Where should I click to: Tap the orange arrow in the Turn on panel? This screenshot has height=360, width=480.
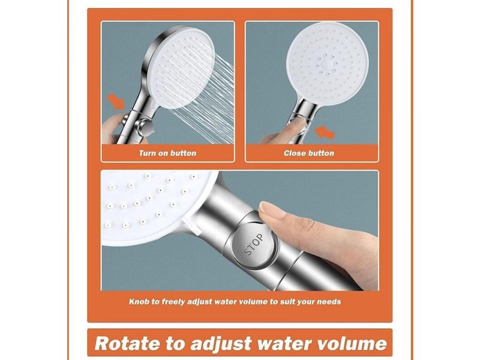coord(116,101)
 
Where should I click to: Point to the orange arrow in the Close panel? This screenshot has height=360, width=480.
coord(325,132)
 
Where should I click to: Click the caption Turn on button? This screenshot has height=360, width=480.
coord(167,153)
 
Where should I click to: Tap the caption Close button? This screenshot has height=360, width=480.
coord(309,153)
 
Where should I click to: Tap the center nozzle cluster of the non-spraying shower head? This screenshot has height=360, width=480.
coord(327,64)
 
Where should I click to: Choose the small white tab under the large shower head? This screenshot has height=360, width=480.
coord(191,227)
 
